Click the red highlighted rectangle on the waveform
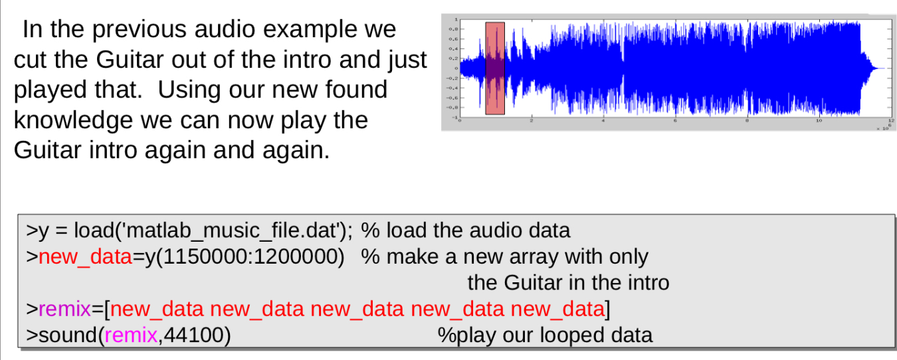(495, 68)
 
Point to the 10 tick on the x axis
(819, 122)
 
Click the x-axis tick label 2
(532, 122)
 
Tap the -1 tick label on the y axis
(454, 117)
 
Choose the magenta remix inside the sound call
(132, 335)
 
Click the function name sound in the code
(68, 335)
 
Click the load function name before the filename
(93, 230)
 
